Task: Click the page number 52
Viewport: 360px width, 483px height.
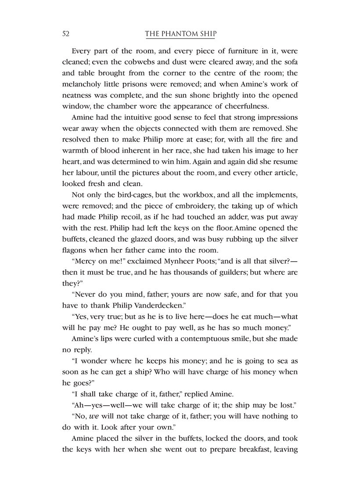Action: pyautogui.click(x=67, y=34)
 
